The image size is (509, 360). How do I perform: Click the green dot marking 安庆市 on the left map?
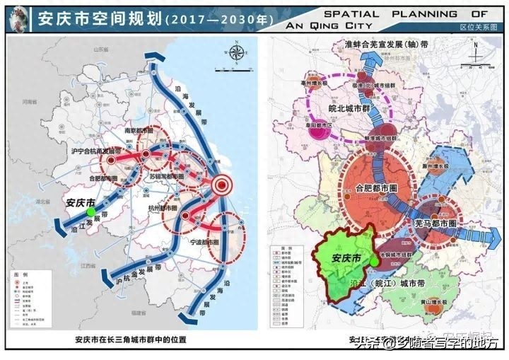90,211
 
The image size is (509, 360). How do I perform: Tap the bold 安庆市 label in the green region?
346,258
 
